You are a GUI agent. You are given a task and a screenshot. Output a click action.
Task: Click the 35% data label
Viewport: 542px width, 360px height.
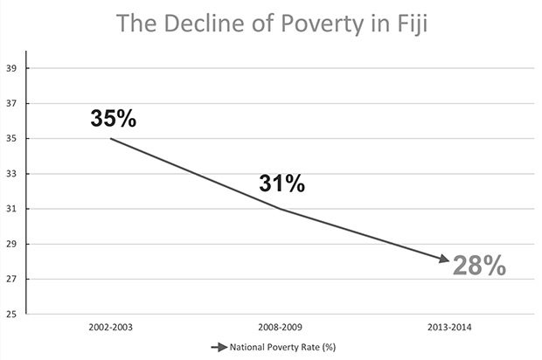coord(114,119)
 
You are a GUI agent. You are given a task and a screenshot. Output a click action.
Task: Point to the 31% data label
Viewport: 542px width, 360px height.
coord(281,183)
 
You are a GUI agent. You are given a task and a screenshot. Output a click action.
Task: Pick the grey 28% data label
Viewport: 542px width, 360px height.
coord(479,266)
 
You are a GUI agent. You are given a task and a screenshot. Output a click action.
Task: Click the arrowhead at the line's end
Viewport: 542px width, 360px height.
coord(446,260)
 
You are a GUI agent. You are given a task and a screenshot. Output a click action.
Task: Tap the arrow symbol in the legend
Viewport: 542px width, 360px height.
coord(219,347)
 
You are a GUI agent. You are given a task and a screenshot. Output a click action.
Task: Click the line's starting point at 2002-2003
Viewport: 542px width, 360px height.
coord(111,138)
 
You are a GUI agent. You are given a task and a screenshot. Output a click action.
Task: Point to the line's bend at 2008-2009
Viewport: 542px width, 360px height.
coord(281,209)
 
